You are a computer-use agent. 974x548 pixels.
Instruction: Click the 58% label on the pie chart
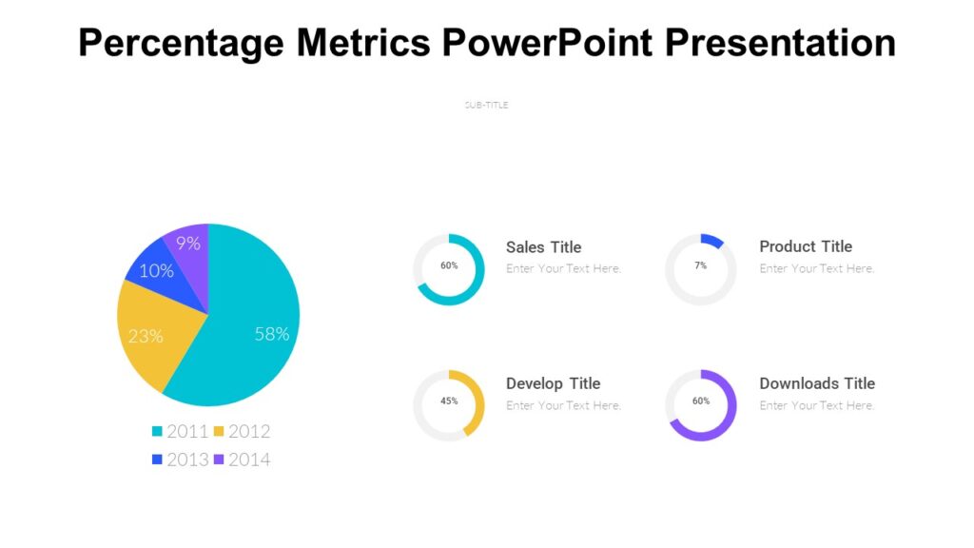point(272,334)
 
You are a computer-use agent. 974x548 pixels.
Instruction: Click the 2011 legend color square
point(157,431)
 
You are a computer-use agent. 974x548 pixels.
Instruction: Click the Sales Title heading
point(543,247)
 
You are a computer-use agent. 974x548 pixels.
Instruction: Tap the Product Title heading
point(806,246)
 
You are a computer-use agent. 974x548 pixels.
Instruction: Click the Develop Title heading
point(553,383)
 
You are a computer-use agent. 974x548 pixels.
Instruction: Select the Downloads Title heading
point(817,383)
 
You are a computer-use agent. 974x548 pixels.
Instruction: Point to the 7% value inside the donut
point(701,265)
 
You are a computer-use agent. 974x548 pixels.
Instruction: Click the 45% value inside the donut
point(449,401)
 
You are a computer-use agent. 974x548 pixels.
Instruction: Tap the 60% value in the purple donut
point(701,401)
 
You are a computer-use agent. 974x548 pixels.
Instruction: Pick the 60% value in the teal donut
point(449,265)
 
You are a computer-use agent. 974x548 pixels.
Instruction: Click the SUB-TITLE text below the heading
point(486,105)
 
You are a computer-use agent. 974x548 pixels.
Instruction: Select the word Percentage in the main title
point(182,43)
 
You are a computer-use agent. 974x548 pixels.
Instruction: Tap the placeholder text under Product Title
point(816,269)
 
